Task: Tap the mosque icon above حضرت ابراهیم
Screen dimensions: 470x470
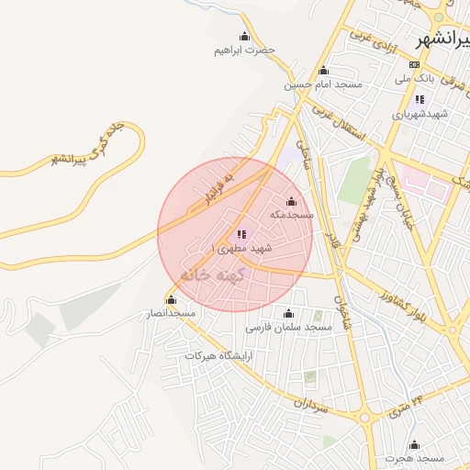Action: coord(244,36)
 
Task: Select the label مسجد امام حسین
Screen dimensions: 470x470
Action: coord(323,84)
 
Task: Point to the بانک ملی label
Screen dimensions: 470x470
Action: coord(413,79)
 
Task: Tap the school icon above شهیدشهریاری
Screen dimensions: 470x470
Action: coord(420,100)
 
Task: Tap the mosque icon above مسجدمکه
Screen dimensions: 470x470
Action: coord(292,201)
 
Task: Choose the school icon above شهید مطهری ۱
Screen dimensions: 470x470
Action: coord(241,235)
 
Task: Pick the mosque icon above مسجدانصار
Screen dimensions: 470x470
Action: coord(171,299)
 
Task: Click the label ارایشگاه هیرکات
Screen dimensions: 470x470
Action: coord(218,354)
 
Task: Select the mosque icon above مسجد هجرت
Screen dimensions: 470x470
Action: coord(414,443)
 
